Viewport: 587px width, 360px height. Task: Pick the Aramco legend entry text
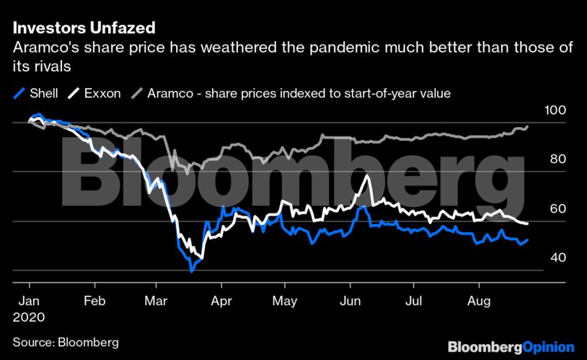click(x=299, y=93)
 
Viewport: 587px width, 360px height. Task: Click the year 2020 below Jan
click(x=30, y=317)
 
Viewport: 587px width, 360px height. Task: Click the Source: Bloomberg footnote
click(x=66, y=342)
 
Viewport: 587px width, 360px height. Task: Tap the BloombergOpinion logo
click(x=511, y=347)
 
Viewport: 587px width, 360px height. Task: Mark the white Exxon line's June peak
click(x=368, y=176)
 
